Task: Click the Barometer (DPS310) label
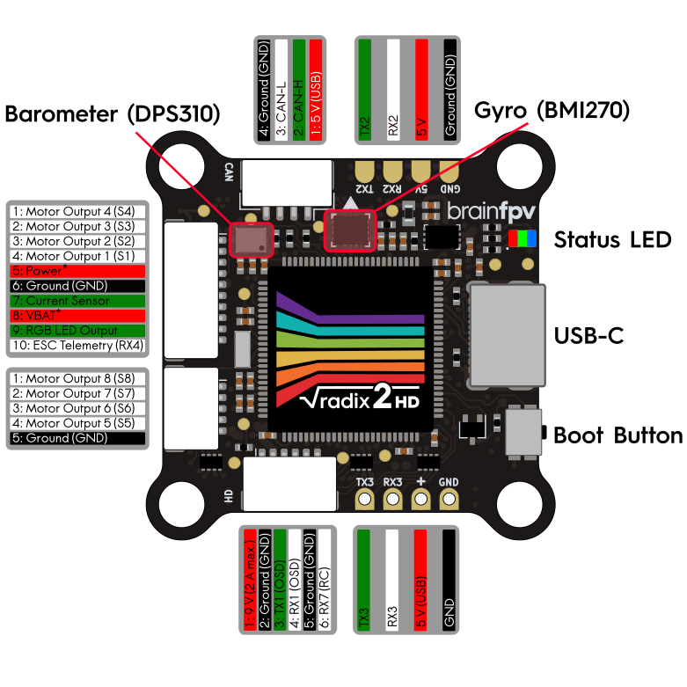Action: [x=112, y=114]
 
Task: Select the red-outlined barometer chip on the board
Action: [x=251, y=238]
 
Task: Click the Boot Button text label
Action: [x=618, y=435]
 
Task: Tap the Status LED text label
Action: [x=612, y=239]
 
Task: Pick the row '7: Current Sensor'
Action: [x=76, y=301]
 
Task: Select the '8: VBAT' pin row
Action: [x=76, y=316]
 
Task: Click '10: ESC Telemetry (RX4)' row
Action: [x=76, y=345]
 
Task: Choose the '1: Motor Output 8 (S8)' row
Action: [x=76, y=379]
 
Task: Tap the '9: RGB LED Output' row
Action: [x=76, y=331]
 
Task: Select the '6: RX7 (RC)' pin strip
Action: [x=325, y=581]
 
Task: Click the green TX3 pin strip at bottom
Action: [x=363, y=581]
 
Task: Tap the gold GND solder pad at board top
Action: [x=448, y=169]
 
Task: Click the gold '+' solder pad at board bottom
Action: [x=420, y=500]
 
